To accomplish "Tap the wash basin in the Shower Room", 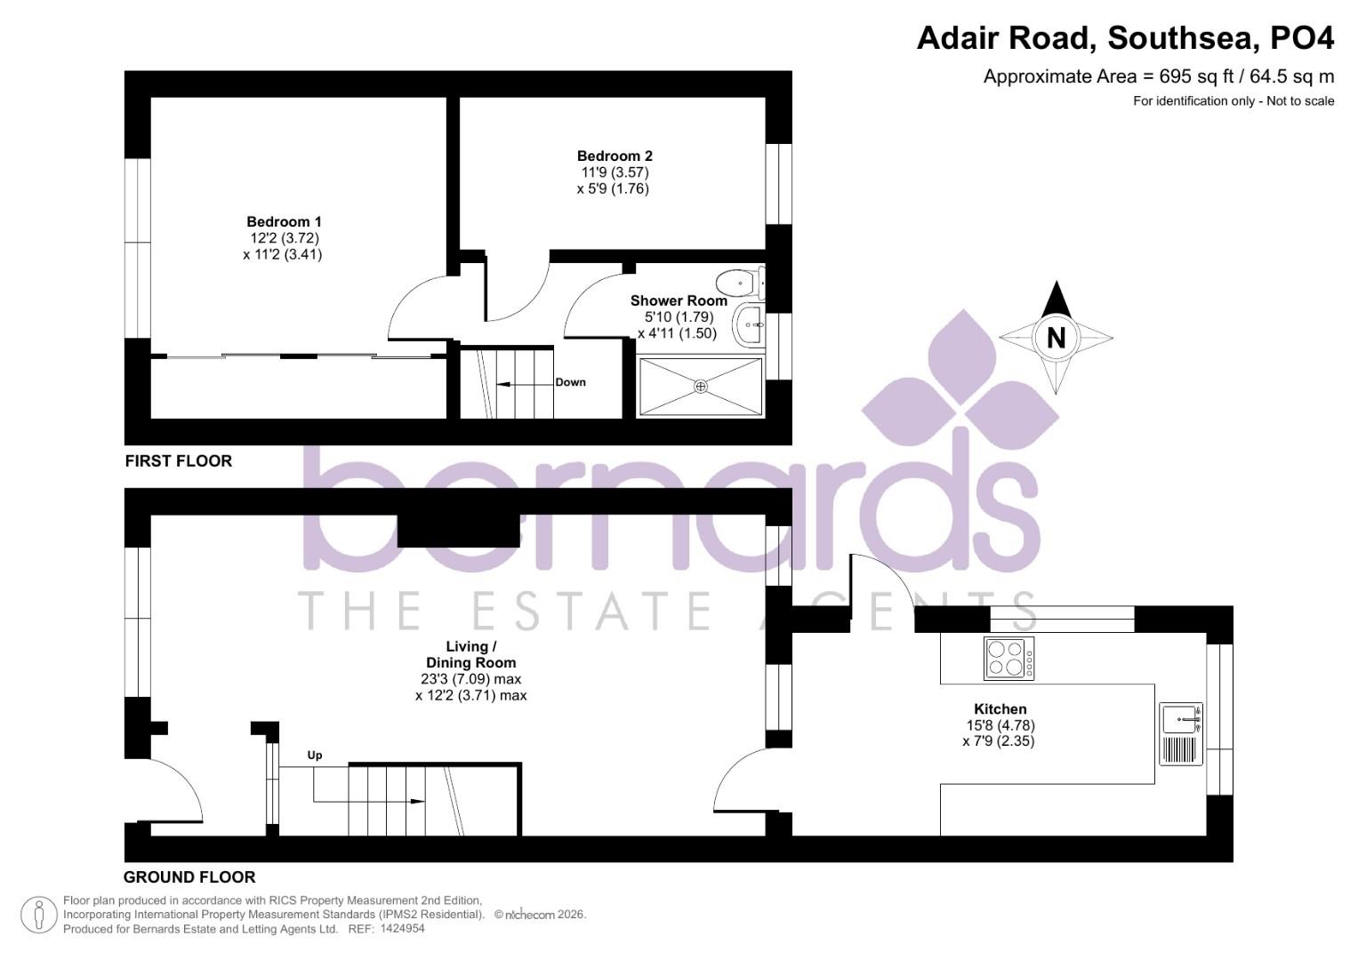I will click(749, 326).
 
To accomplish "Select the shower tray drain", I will click(701, 386).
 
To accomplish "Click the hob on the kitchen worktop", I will click(1009, 659).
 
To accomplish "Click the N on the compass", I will click(1056, 338).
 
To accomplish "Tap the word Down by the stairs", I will click(570, 382).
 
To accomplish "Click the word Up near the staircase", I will click(315, 756).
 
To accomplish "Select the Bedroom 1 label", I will click(284, 221).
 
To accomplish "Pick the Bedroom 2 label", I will click(615, 156).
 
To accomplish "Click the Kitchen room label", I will click(1000, 708).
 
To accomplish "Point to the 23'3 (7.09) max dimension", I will click(470, 679).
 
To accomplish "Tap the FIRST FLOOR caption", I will click(178, 460).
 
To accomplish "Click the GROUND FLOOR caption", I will click(189, 877).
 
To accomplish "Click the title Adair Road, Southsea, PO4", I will click(1125, 38).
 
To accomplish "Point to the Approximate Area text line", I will click(1158, 76).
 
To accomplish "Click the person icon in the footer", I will click(38, 915).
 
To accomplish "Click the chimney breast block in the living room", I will click(458, 531).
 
